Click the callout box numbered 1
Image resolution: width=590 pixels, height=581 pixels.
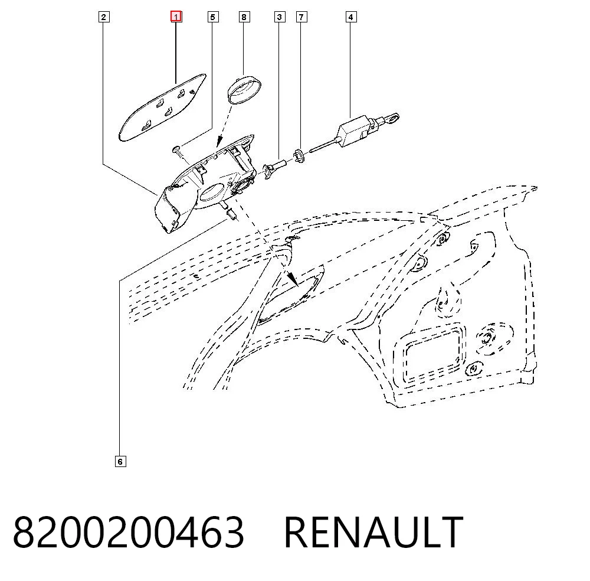[x=176, y=17]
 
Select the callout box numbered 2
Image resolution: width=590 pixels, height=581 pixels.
[x=104, y=17]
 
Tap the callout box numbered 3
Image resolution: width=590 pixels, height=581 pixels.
[x=280, y=17]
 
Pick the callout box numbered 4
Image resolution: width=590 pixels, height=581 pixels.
[x=351, y=17]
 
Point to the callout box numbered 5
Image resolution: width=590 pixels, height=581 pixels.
[x=213, y=17]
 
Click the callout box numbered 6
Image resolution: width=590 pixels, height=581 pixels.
[x=120, y=461]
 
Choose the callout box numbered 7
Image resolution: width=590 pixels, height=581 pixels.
[x=301, y=17]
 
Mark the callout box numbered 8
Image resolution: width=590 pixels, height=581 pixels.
[x=244, y=17]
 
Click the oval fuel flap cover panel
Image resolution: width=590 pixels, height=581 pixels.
[x=162, y=108]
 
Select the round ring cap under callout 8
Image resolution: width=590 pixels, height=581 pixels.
[x=245, y=88]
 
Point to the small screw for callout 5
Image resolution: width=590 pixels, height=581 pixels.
[x=179, y=152]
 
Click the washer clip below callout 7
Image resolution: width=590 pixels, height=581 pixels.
[x=299, y=155]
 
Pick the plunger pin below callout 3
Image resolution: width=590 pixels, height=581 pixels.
[x=276, y=168]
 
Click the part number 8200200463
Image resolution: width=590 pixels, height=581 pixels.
[x=129, y=532]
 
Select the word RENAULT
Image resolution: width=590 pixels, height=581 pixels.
[x=373, y=532]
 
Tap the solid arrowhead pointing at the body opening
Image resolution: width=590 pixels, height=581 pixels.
[x=293, y=280]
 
